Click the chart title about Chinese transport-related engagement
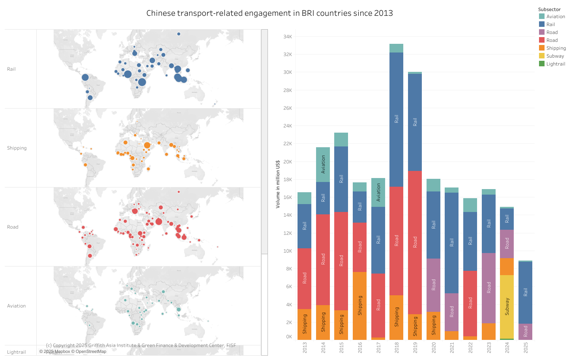pos(270,13)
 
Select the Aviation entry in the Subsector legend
pos(555,17)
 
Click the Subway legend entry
pos(555,56)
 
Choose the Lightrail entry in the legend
pos(555,64)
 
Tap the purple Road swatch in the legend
pos(542,32)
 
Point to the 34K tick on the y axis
pos(287,37)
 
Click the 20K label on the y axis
pos(287,162)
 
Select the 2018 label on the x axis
pos(397,347)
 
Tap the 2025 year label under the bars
pos(526,347)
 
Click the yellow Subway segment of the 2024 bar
pos(507,306)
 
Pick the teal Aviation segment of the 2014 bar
pos(323,164)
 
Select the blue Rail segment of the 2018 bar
pos(397,119)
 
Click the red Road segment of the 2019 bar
pos(415,242)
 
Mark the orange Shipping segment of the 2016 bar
pos(360,306)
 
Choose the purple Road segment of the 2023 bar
pos(489,288)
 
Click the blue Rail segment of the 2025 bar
pos(526,292)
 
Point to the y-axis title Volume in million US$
pos(278,184)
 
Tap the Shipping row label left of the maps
pos(17,148)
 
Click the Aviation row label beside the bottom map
pos(17,306)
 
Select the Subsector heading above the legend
pos(549,9)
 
